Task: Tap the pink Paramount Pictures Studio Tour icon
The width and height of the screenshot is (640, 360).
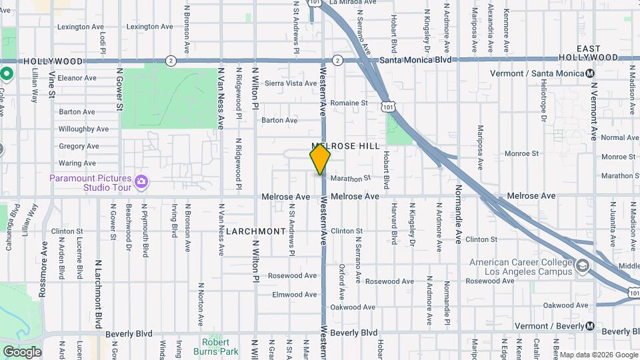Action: point(141,181)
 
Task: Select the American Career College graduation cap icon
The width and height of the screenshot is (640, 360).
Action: point(583,266)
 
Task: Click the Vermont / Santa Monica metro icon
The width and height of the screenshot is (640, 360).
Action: point(590,73)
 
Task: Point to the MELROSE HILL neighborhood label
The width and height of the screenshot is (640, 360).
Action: point(345,145)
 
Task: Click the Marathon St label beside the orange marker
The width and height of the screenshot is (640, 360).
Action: point(350,179)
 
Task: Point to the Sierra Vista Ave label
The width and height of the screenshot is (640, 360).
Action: point(291,83)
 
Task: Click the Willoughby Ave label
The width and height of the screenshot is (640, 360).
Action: point(83,129)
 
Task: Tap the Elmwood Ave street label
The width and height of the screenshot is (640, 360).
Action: point(294,294)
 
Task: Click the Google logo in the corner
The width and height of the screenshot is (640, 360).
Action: point(22,352)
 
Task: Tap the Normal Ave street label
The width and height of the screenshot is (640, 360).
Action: point(619,137)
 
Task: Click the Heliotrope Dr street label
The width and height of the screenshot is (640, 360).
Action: point(543,107)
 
